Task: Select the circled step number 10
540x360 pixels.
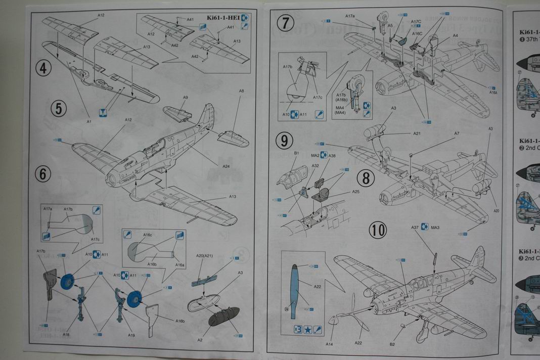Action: (x=377, y=230)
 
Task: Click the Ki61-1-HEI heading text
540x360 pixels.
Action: (x=221, y=18)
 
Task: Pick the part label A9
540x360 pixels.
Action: (x=186, y=97)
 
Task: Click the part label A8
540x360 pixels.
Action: (x=241, y=91)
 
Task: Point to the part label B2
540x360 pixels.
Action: (x=392, y=344)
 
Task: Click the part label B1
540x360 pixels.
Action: (x=297, y=153)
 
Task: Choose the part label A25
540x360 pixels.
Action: (x=356, y=192)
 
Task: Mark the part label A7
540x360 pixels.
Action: (x=457, y=133)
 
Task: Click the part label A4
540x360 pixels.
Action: (x=455, y=36)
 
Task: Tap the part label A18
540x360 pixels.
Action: (x=66, y=334)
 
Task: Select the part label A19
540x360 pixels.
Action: (x=131, y=335)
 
